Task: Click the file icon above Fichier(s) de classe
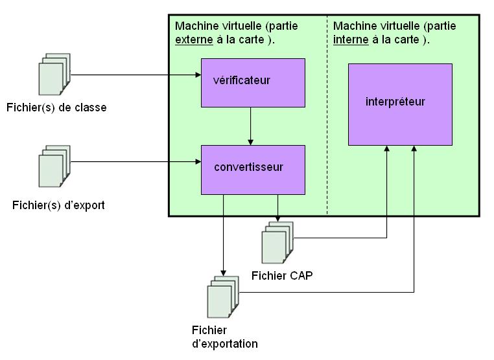(x=54, y=76)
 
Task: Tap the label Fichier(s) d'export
(x=58, y=206)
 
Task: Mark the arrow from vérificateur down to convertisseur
(x=251, y=126)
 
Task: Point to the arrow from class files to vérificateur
(x=136, y=75)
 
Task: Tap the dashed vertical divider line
(x=327, y=129)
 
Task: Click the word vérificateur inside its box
(x=241, y=81)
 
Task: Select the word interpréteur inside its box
(x=395, y=102)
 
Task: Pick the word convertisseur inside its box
(x=248, y=167)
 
